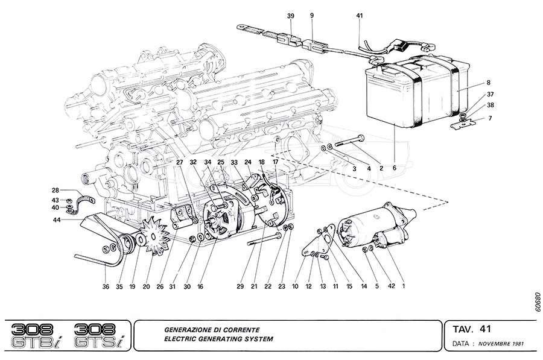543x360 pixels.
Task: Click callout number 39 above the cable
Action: click(290, 16)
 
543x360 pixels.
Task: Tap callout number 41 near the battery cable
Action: click(360, 16)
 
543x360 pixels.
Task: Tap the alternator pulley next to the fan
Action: click(128, 244)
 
